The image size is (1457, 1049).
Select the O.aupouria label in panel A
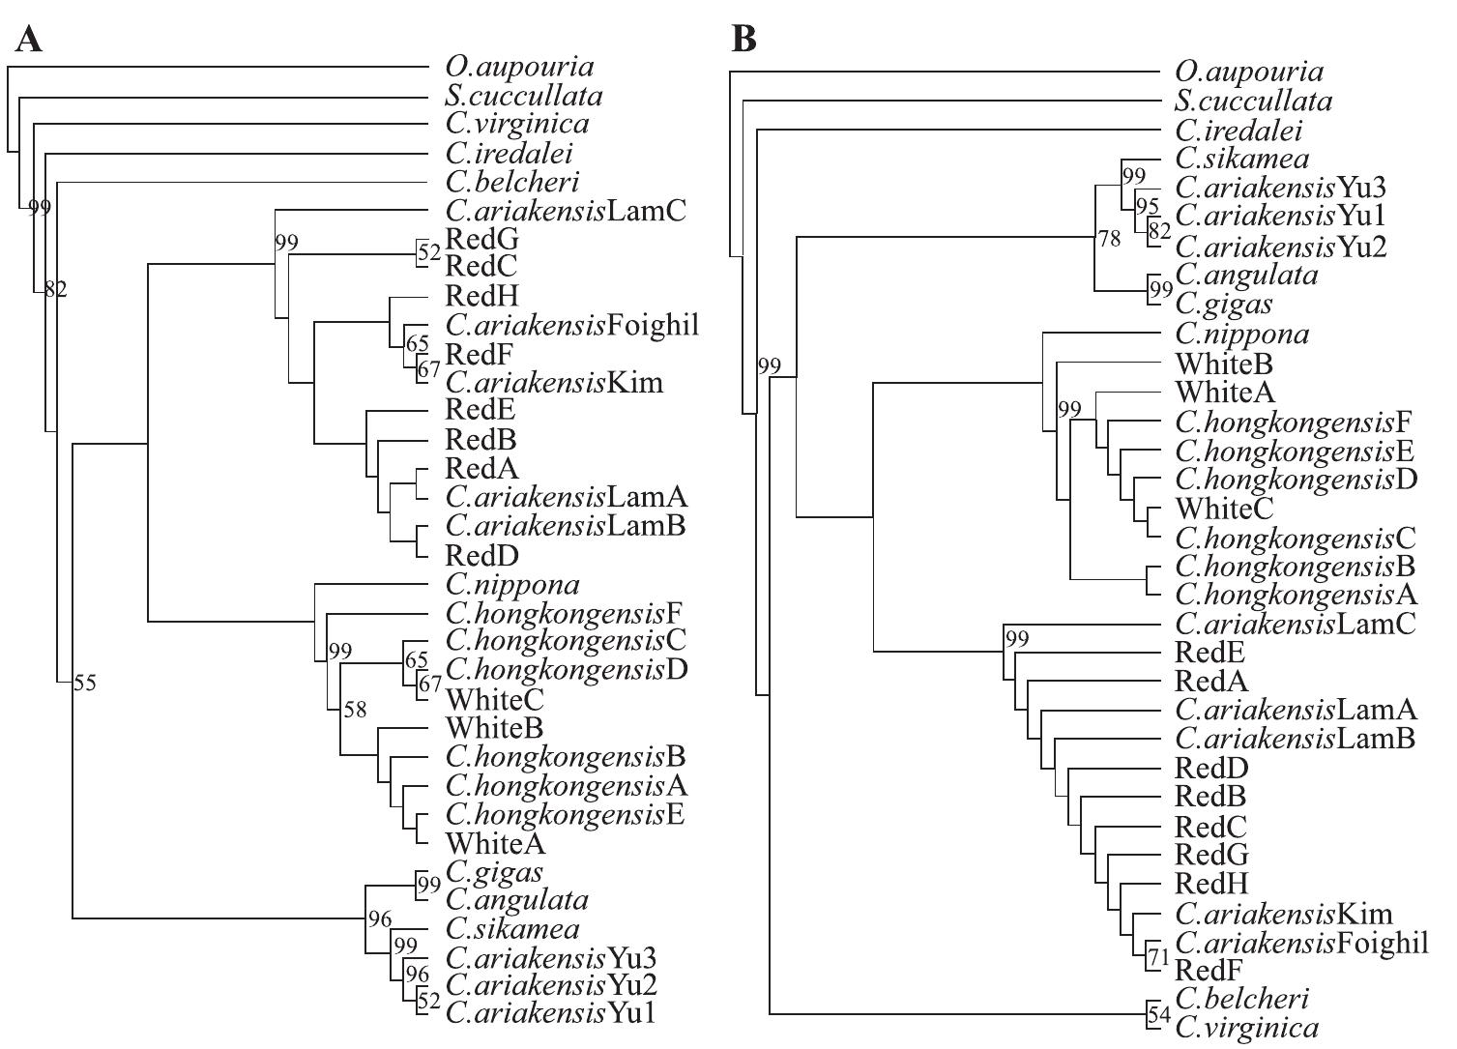click(x=519, y=67)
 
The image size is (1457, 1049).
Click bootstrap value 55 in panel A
click(x=85, y=683)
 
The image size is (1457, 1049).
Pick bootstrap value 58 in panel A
click(x=356, y=710)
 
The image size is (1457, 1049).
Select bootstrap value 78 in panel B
click(x=1109, y=238)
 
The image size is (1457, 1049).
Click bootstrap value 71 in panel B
click(x=1158, y=958)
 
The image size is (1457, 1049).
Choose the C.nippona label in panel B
click(x=1242, y=335)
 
